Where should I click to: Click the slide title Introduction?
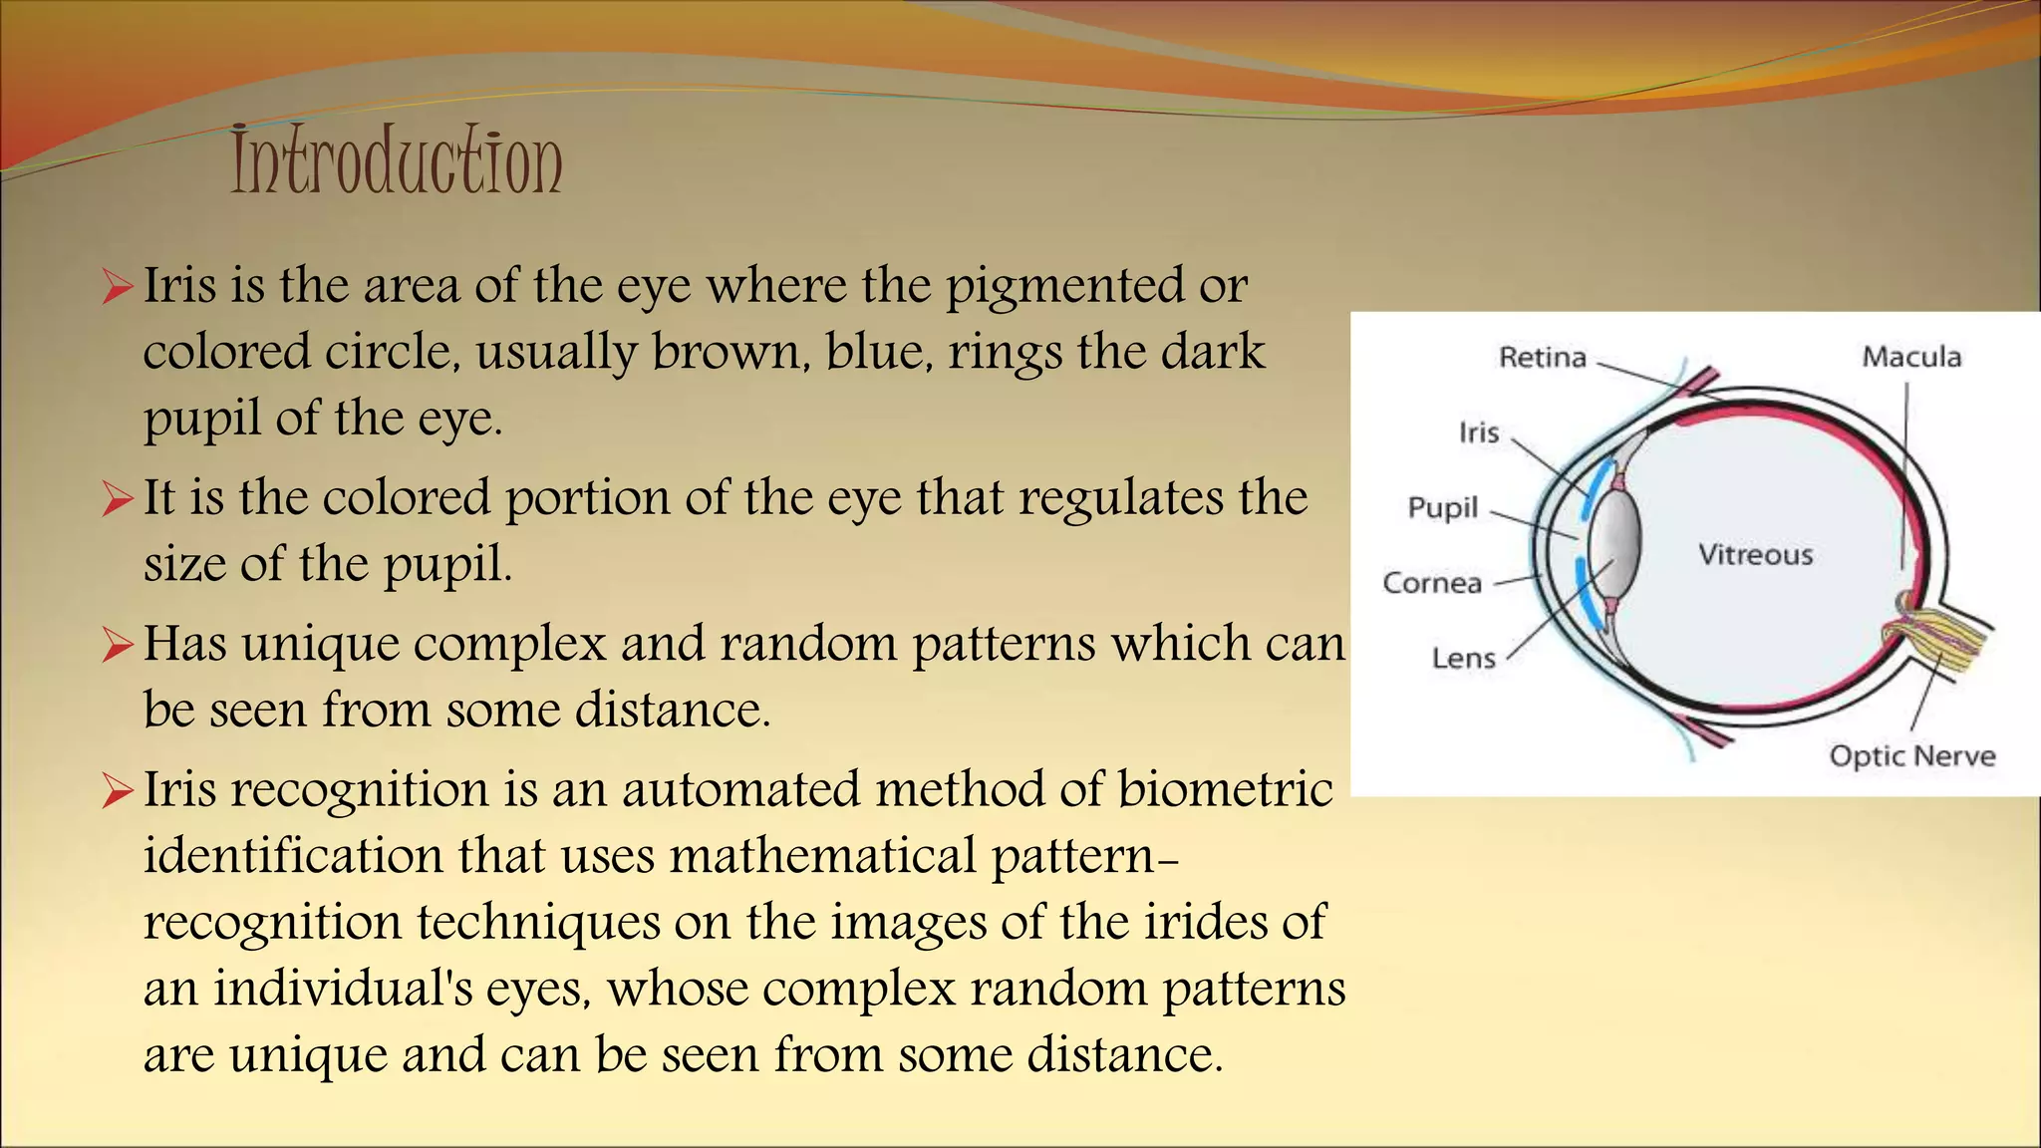point(397,161)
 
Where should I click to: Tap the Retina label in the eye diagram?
point(1542,357)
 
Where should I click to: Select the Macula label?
point(1911,357)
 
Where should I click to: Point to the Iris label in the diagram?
point(1479,432)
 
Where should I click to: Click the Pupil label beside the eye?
point(1442,508)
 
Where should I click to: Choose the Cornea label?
point(1432,583)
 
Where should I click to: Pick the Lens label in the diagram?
point(1463,659)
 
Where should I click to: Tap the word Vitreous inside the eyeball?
point(1755,555)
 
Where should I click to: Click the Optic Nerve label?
point(1911,756)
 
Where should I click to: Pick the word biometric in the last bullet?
point(1225,789)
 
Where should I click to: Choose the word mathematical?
point(822,856)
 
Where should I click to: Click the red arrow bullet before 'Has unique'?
point(117,646)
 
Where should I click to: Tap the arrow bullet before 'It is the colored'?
point(117,499)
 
